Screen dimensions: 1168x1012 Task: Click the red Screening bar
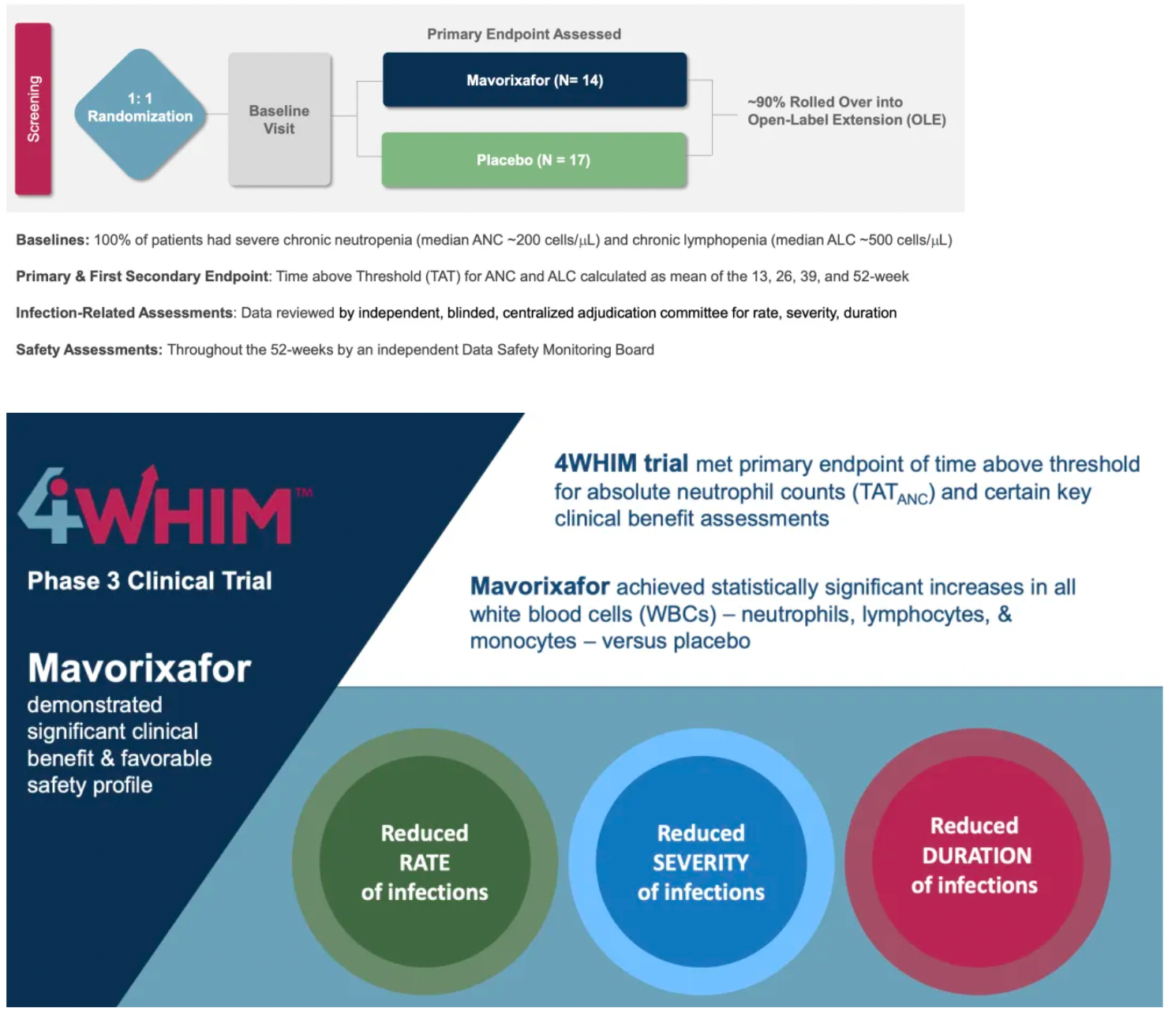[33, 109]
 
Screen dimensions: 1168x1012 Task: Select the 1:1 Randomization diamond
[140, 114]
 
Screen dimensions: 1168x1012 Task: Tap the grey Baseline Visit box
[279, 119]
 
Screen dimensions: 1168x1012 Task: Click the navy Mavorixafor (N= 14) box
[534, 80]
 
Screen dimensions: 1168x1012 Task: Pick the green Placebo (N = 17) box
[534, 160]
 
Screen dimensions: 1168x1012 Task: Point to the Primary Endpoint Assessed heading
[524, 34]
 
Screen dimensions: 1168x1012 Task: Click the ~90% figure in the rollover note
[766, 102]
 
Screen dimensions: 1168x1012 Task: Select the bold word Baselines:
[53, 240]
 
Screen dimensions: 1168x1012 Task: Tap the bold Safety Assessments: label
[89, 350]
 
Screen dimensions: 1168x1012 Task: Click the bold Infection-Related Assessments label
[125, 313]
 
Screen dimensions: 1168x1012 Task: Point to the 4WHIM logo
[164, 505]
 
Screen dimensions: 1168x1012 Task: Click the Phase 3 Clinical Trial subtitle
[150, 581]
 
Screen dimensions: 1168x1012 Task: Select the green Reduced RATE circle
[425, 861]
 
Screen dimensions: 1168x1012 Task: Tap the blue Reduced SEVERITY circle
[701, 861]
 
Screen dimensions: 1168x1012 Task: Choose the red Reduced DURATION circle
[977, 861]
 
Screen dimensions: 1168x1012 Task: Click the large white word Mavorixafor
[140, 669]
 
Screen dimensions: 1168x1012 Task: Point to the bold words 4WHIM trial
[621, 463]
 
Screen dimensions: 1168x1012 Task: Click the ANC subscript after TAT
[912, 499]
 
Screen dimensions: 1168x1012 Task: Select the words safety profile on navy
[90, 785]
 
